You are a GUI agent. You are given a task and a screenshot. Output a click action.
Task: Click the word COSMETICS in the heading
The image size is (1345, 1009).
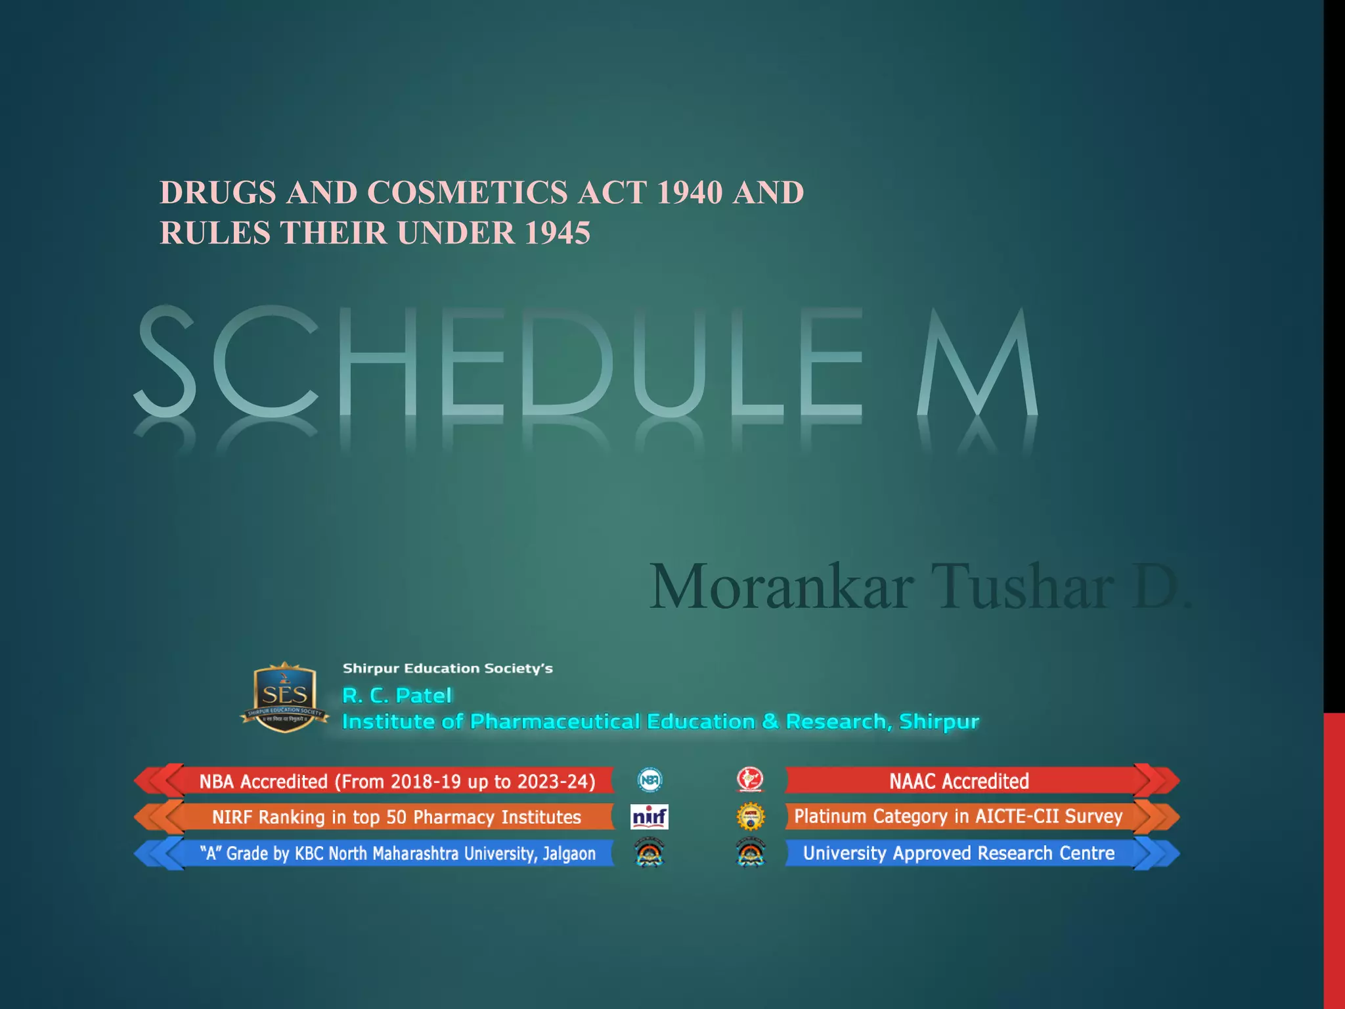pyautogui.click(x=467, y=192)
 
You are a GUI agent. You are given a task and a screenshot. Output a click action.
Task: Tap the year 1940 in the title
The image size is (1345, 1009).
pyautogui.click(x=689, y=192)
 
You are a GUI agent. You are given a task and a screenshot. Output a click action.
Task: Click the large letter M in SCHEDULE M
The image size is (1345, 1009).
pyautogui.click(x=977, y=363)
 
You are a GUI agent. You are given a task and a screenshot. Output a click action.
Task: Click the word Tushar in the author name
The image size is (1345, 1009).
pyautogui.click(x=1022, y=587)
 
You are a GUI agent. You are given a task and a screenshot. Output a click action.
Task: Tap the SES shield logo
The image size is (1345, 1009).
pyautogui.click(x=284, y=697)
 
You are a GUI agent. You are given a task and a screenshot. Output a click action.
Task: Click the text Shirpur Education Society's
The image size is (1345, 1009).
pyautogui.click(x=447, y=668)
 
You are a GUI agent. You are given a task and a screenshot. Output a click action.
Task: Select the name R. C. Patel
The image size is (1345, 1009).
pyautogui.click(x=397, y=695)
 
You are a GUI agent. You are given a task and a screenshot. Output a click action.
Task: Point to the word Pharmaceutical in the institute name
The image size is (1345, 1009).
pyautogui.click(x=555, y=721)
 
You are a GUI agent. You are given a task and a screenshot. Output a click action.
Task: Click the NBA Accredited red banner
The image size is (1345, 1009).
pyautogui.click(x=397, y=781)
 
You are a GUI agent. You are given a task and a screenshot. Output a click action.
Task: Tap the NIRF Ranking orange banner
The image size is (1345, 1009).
pyautogui.click(x=397, y=817)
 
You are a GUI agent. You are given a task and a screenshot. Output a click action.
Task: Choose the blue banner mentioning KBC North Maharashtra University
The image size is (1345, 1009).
pyautogui.click(x=397, y=853)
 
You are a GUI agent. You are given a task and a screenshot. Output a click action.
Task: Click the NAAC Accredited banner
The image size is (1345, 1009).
pyautogui.click(x=959, y=781)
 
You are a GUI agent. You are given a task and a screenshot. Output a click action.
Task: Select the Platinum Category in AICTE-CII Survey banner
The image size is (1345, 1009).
pyautogui.click(x=959, y=817)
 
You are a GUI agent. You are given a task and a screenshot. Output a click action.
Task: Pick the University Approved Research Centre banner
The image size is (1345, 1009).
pyautogui.click(x=959, y=853)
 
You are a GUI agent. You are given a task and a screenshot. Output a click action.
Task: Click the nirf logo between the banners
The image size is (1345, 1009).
pyautogui.click(x=650, y=817)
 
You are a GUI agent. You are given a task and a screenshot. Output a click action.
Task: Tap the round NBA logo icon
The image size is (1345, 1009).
pyautogui.click(x=650, y=780)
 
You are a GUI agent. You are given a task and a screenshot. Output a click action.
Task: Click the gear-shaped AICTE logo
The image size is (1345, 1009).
pyautogui.click(x=751, y=817)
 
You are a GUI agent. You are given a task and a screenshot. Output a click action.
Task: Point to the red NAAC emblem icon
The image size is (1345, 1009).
pyautogui.click(x=750, y=780)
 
